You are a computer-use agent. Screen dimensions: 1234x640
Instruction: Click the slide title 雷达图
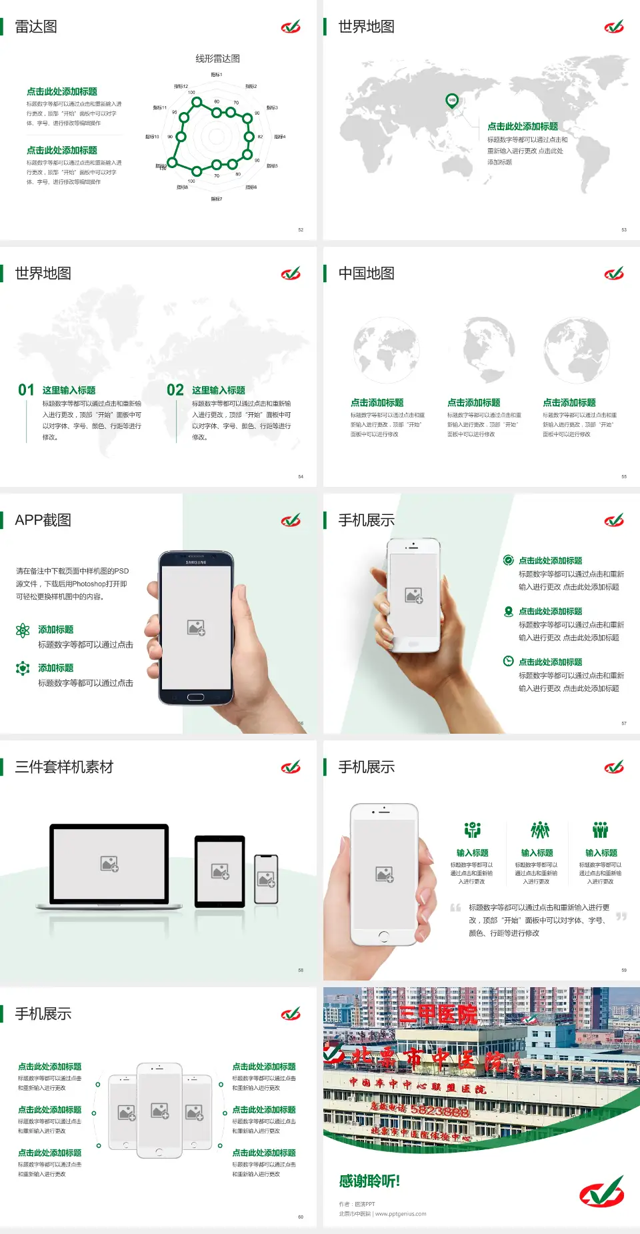pyautogui.click(x=36, y=27)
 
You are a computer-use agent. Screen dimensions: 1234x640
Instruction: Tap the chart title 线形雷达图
pyautogui.click(x=217, y=59)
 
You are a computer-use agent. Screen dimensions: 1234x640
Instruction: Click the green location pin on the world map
pyautogui.click(x=452, y=101)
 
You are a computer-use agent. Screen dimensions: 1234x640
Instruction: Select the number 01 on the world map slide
pyautogui.click(x=26, y=390)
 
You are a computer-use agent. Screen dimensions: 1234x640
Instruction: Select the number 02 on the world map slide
pyautogui.click(x=175, y=390)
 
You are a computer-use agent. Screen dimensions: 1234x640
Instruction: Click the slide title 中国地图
pyautogui.click(x=366, y=273)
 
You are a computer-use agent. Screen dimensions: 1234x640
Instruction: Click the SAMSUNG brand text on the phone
pyautogui.click(x=196, y=562)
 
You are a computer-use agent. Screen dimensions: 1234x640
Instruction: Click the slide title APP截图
pyautogui.click(x=43, y=520)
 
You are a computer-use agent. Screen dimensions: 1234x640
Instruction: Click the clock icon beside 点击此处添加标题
pyautogui.click(x=508, y=661)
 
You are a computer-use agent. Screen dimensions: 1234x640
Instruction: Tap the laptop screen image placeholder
pyautogui.click(x=109, y=864)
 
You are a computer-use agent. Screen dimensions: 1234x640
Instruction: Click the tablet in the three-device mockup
pyautogui.click(x=220, y=871)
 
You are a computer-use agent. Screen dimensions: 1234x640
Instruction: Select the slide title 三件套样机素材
pyautogui.click(x=64, y=767)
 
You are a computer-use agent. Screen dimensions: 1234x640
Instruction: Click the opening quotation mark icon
pyautogui.click(x=455, y=908)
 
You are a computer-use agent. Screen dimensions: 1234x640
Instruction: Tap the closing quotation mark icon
pyautogui.click(x=621, y=916)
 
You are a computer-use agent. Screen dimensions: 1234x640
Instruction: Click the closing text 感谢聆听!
pyautogui.click(x=369, y=1181)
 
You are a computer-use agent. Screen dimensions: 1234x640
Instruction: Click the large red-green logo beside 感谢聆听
pyautogui.click(x=601, y=1191)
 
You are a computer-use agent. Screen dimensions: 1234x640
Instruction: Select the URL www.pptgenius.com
pyautogui.click(x=401, y=1214)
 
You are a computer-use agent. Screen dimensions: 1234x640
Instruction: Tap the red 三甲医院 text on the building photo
pyautogui.click(x=438, y=1015)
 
